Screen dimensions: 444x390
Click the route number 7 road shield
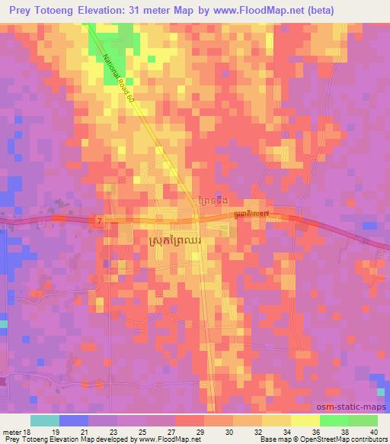point(99,220)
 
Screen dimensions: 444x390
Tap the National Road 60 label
point(120,77)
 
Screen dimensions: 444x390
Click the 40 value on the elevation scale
point(373,432)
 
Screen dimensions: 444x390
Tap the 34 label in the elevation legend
point(287,432)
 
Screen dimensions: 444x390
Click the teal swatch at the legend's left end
point(45,420)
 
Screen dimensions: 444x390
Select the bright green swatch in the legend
point(334,420)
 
